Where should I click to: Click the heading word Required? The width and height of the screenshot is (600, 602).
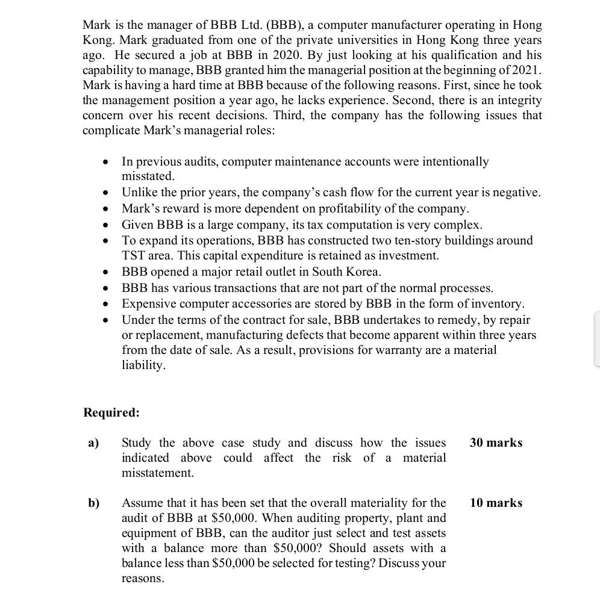click(x=111, y=413)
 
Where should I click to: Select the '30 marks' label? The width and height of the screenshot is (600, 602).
click(x=496, y=442)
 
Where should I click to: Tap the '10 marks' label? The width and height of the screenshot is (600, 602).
click(x=496, y=503)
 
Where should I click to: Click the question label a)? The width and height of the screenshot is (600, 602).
click(x=93, y=443)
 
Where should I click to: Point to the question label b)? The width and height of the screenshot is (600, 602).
click(x=94, y=503)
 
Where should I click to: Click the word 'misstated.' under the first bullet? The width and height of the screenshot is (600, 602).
click(x=148, y=176)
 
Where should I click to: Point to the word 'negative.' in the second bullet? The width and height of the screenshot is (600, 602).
click(x=516, y=193)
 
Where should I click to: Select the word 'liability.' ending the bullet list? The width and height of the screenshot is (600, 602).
click(x=143, y=365)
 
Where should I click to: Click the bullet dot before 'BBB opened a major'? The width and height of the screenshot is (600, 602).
click(x=106, y=272)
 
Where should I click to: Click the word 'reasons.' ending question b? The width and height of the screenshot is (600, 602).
click(x=143, y=579)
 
